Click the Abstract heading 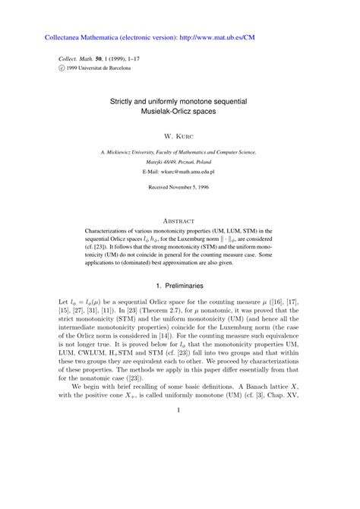(180, 215)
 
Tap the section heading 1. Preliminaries (179, 286)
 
